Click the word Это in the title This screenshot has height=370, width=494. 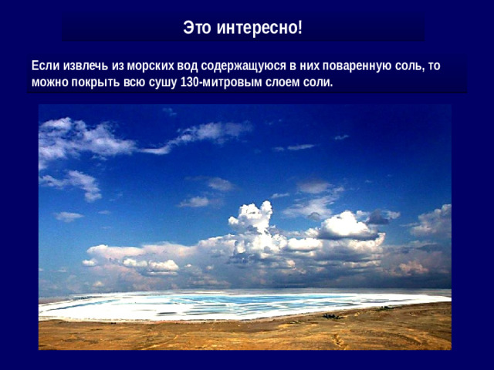click(x=198, y=29)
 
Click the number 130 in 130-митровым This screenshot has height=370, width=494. click(x=188, y=82)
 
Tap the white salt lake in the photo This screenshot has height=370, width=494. click(x=232, y=305)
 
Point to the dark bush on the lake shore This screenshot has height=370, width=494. click(x=331, y=316)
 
